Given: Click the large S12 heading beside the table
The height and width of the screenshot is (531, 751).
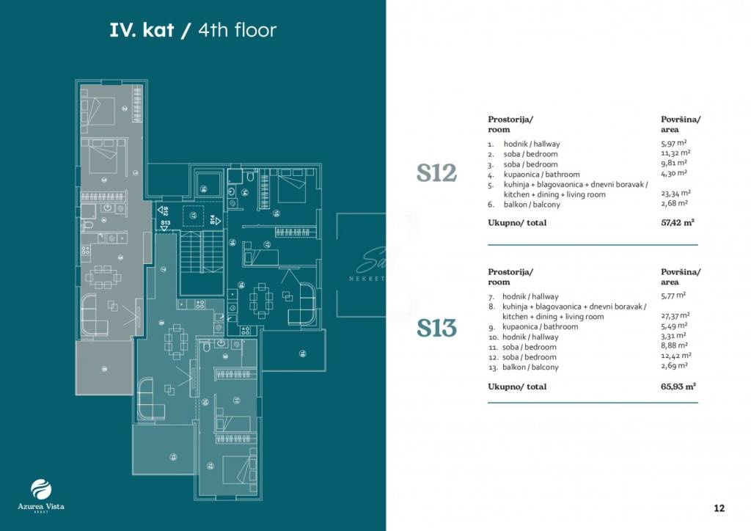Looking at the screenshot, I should click(436, 174).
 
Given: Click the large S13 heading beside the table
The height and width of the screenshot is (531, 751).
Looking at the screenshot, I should click(436, 329).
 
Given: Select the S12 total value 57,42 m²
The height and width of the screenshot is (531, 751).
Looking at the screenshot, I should click(678, 222).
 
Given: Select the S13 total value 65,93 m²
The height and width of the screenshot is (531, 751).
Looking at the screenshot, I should click(678, 386).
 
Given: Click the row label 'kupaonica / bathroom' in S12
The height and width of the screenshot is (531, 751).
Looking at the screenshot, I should click(541, 175).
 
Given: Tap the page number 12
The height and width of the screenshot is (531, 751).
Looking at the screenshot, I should click(719, 508).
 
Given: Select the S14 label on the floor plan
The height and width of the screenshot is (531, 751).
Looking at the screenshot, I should click(212, 219).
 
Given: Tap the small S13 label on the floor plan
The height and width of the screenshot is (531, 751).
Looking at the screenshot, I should click(165, 222).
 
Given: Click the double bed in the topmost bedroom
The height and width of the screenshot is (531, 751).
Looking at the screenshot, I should click(103, 109).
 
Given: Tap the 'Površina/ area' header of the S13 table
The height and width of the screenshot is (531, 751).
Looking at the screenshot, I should click(680, 277).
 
